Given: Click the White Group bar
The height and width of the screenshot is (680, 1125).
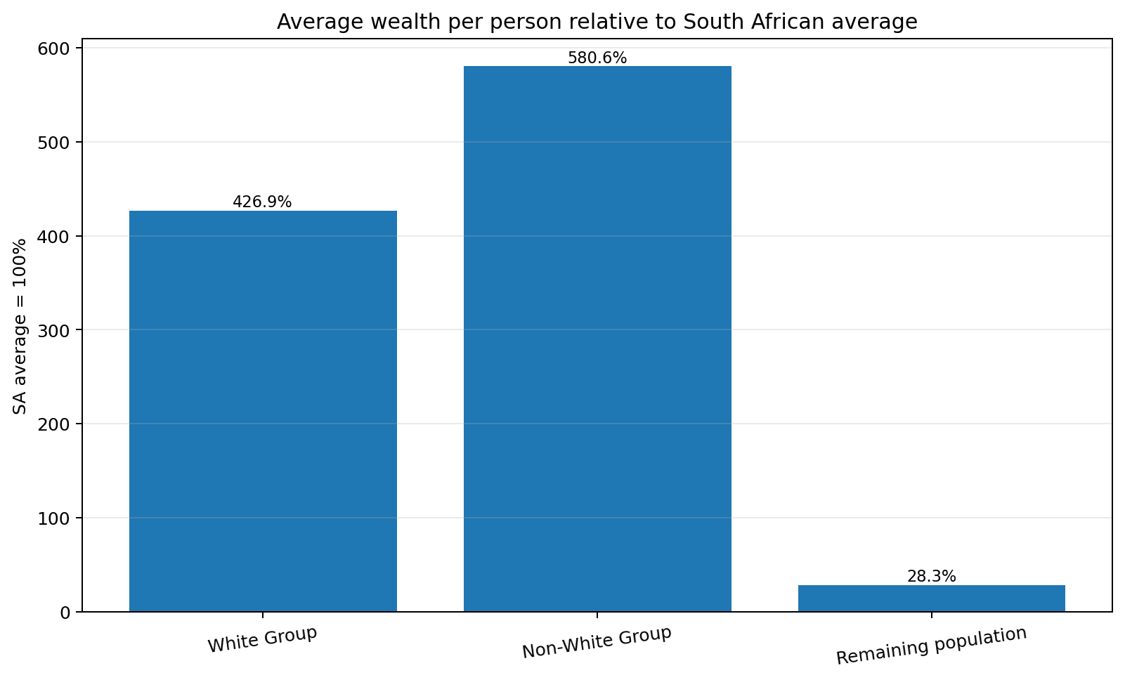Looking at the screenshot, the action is point(263,411).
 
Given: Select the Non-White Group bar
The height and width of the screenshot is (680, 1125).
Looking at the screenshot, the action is point(597,339).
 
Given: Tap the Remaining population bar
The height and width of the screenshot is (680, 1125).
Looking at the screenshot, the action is point(932,598).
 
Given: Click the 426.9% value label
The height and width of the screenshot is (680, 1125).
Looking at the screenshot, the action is point(262,202).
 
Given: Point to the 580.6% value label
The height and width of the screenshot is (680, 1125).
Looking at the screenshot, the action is point(597,58).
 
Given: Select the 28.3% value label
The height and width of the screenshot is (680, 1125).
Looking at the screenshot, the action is point(932,577).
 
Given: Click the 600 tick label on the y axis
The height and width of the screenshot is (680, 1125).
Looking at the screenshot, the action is point(53,48).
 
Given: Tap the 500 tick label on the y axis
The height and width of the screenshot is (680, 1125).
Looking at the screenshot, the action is point(53,143).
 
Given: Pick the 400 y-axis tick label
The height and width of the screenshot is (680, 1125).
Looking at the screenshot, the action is point(53,237).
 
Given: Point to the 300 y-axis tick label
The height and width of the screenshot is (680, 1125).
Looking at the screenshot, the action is point(53,330).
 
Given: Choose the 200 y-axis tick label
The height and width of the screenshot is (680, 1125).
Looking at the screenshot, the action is point(53,424).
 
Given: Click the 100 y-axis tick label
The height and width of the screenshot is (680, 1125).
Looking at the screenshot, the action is point(53,518).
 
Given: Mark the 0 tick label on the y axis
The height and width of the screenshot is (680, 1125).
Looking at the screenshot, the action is point(64,613).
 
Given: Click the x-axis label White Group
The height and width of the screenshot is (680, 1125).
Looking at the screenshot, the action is point(262,639).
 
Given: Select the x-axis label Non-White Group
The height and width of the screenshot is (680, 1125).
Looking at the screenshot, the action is point(597,642).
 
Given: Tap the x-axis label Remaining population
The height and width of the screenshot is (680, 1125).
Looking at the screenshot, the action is point(931,646).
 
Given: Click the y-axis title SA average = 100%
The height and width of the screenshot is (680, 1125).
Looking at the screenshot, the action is point(20,327).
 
